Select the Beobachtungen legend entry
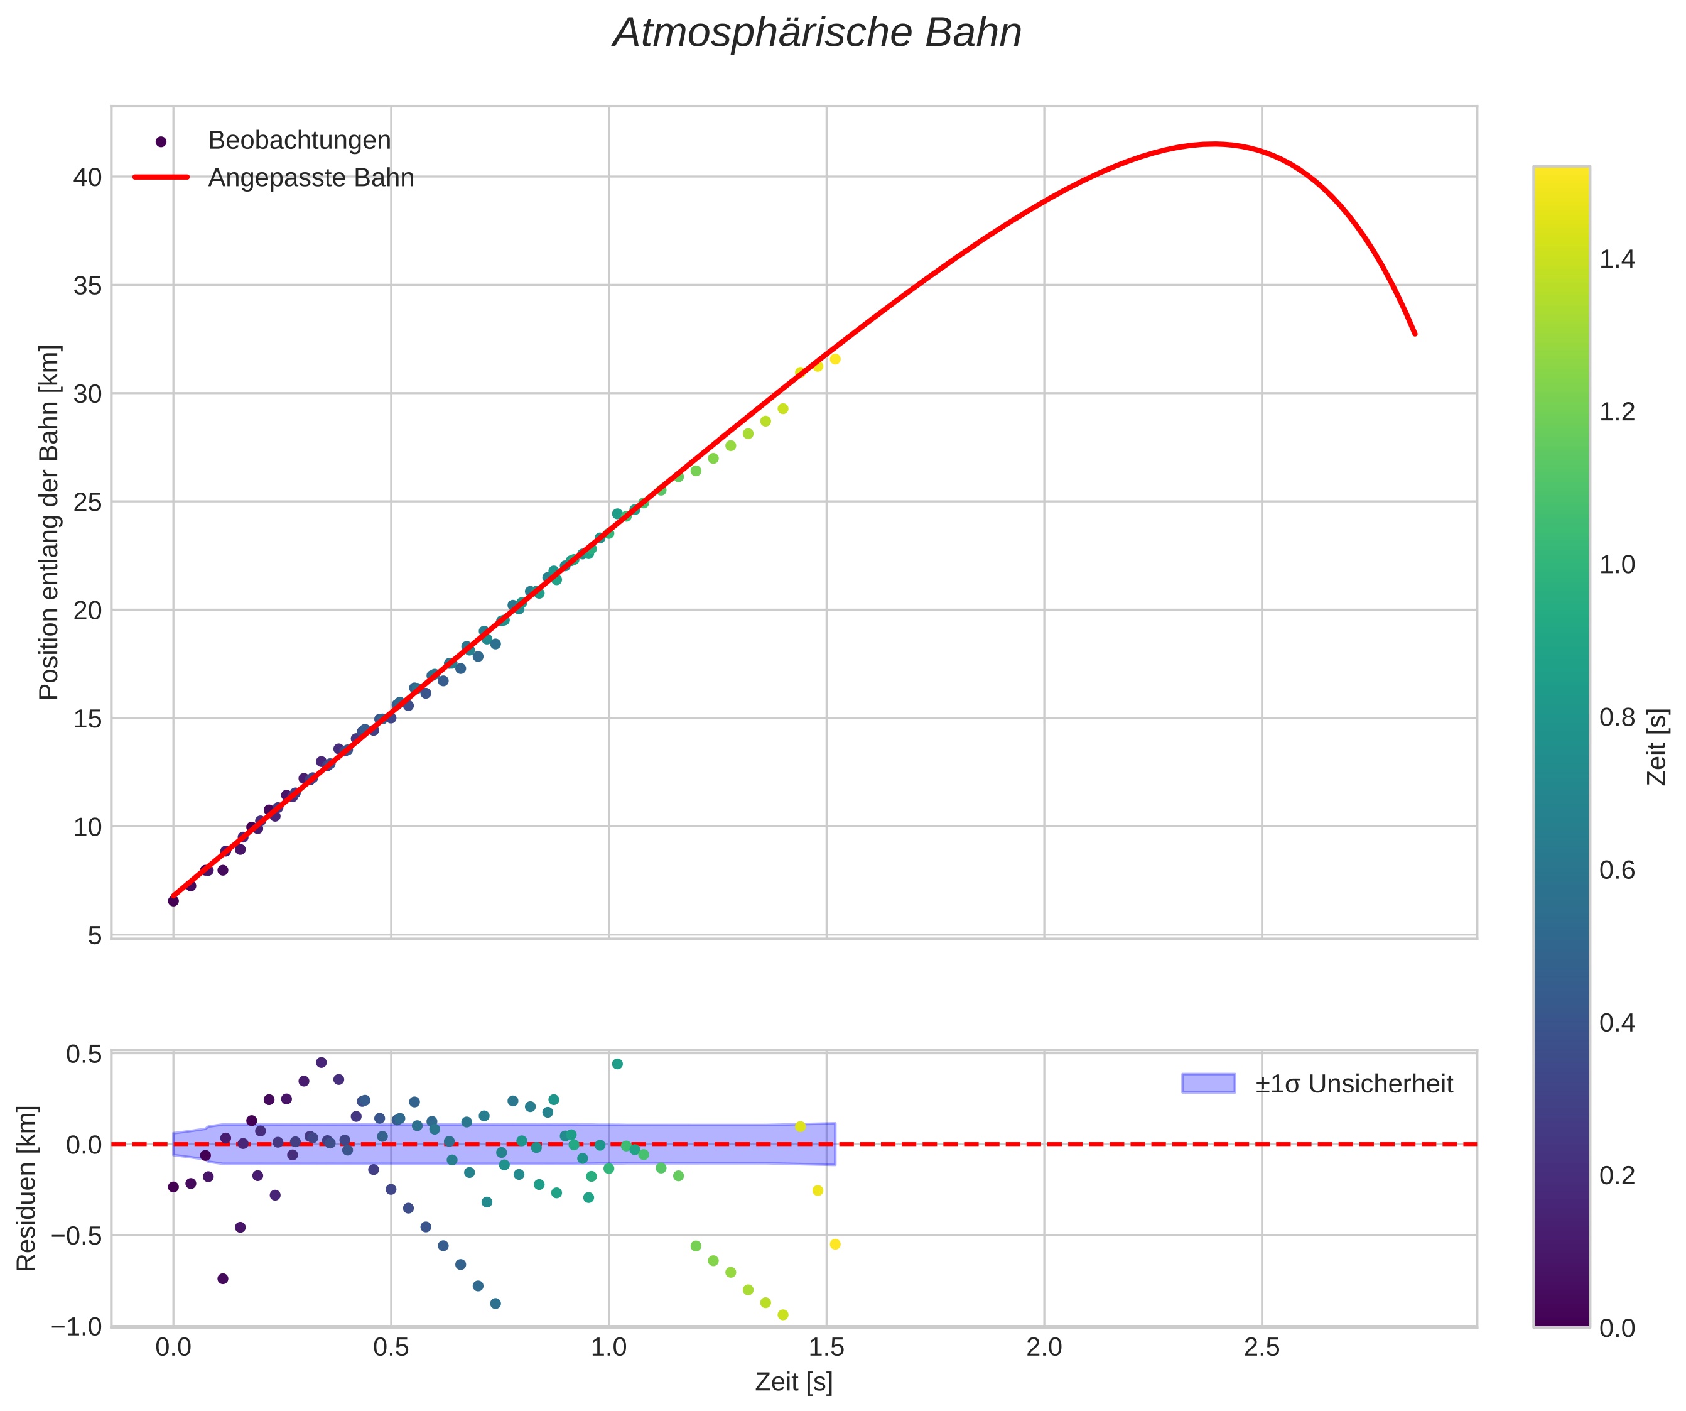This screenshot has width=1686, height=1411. click(x=299, y=141)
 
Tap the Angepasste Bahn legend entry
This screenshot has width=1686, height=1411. click(x=311, y=178)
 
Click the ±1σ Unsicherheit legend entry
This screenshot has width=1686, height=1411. click(x=1354, y=1084)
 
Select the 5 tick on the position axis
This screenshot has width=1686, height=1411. click(x=95, y=935)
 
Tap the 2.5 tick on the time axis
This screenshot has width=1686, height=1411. click(x=1262, y=1348)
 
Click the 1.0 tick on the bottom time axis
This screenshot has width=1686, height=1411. click(x=608, y=1348)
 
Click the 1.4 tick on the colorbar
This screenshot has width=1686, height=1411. click(x=1617, y=259)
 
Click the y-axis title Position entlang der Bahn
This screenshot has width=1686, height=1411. click(x=49, y=522)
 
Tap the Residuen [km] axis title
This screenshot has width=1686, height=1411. click(x=26, y=1189)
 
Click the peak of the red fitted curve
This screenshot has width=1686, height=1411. click(x=1214, y=144)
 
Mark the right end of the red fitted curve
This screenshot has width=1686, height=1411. click(x=1415, y=334)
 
